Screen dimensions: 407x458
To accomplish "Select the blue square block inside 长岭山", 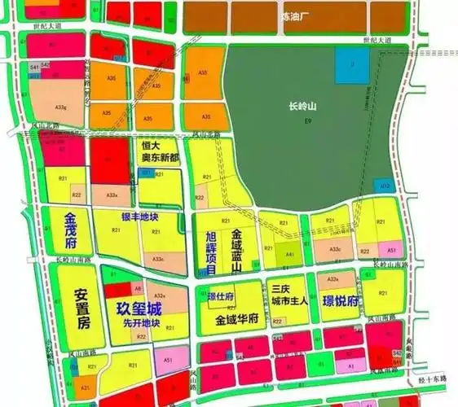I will tap(351, 61).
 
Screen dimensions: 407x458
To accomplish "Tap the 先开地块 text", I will tap(141, 324).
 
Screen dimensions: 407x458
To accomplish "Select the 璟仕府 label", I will tap(222, 297).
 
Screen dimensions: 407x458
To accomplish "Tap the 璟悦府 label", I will tap(341, 302).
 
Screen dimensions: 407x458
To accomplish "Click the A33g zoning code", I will tap(59, 107).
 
